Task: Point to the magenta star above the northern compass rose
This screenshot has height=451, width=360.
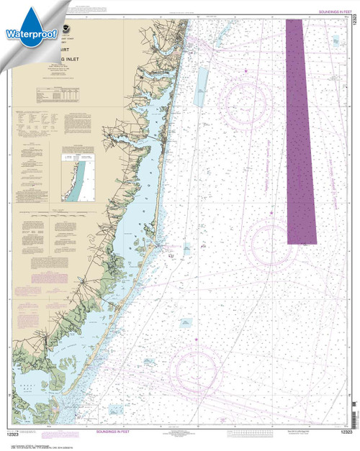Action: [x=246, y=70]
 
